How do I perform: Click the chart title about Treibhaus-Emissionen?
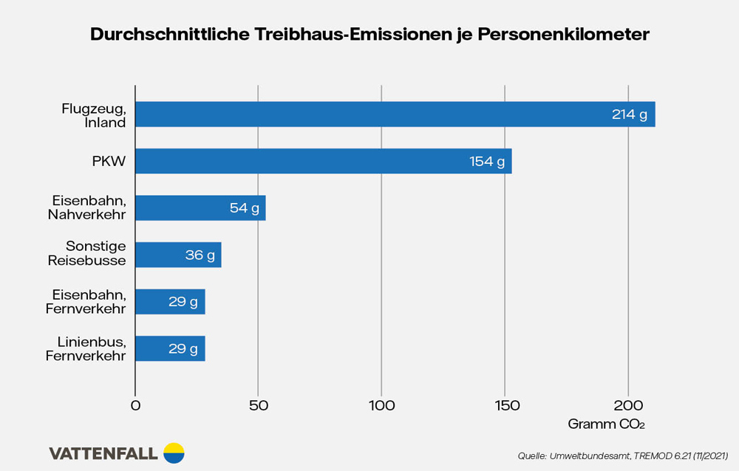click(x=369, y=35)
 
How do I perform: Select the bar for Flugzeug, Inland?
click(x=369, y=114)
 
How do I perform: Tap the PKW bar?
click(x=296, y=161)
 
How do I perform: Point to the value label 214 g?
click(x=630, y=114)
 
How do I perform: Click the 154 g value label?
click(x=487, y=161)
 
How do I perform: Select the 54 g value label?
click(x=245, y=208)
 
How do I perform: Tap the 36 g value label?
click(x=200, y=255)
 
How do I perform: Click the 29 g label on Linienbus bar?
click(x=183, y=348)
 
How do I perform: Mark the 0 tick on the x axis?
click(x=135, y=405)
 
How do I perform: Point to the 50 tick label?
click(x=258, y=405)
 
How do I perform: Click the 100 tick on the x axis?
click(x=381, y=405)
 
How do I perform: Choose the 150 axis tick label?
click(x=505, y=405)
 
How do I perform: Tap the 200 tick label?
click(x=628, y=405)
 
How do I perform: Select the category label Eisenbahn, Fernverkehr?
click(x=86, y=301)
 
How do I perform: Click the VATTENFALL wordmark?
click(x=103, y=453)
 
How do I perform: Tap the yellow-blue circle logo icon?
click(x=174, y=453)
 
